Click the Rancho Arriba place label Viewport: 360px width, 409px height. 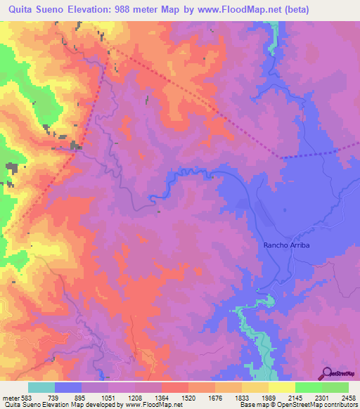(x=287, y=245)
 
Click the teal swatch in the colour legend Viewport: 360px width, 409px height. (x=41, y=387)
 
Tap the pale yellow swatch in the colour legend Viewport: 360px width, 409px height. (x=281, y=387)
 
